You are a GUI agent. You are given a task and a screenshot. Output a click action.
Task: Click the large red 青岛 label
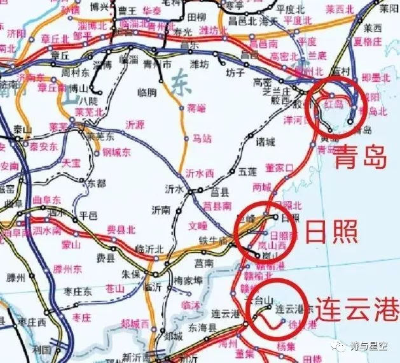[x=361, y=157]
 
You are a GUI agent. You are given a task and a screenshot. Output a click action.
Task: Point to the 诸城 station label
[x=265, y=141]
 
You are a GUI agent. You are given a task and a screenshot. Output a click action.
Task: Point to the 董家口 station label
[x=279, y=167]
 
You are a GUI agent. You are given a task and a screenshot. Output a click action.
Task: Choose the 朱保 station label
[x=130, y=274]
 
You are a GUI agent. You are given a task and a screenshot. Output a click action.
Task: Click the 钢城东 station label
[x=116, y=152]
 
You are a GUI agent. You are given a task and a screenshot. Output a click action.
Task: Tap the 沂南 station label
[x=161, y=209]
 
